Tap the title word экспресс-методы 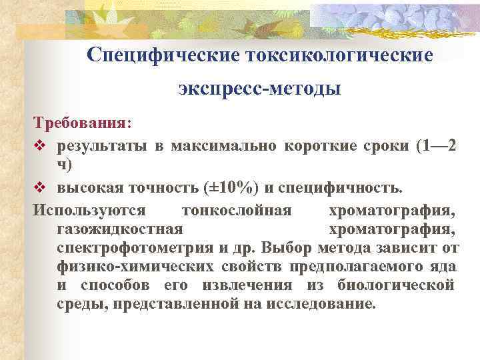point(260,88)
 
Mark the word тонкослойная point(236,211)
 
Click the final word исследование point(321,304)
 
